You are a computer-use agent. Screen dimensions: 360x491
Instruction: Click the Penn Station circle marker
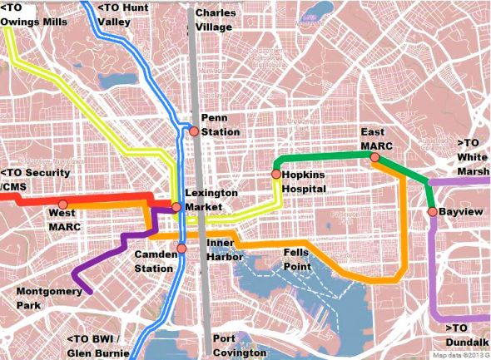[x=194, y=131]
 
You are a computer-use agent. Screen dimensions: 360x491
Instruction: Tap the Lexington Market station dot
[x=176, y=206]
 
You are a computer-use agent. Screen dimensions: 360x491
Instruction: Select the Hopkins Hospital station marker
[x=275, y=175]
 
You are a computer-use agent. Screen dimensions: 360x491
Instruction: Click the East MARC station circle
[x=374, y=157]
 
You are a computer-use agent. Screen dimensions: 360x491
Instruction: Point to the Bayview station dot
[x=433, y=212]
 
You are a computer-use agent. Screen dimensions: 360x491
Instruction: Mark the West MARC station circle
[x=62, y=204]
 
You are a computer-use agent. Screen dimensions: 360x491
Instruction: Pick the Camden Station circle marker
[x=181, y=249]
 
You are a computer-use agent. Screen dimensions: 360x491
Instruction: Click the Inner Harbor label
[x=223, y=249]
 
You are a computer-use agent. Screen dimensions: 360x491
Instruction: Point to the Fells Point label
[x=297, y=259]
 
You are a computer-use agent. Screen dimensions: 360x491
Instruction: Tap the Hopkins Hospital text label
[x=307, y=182]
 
